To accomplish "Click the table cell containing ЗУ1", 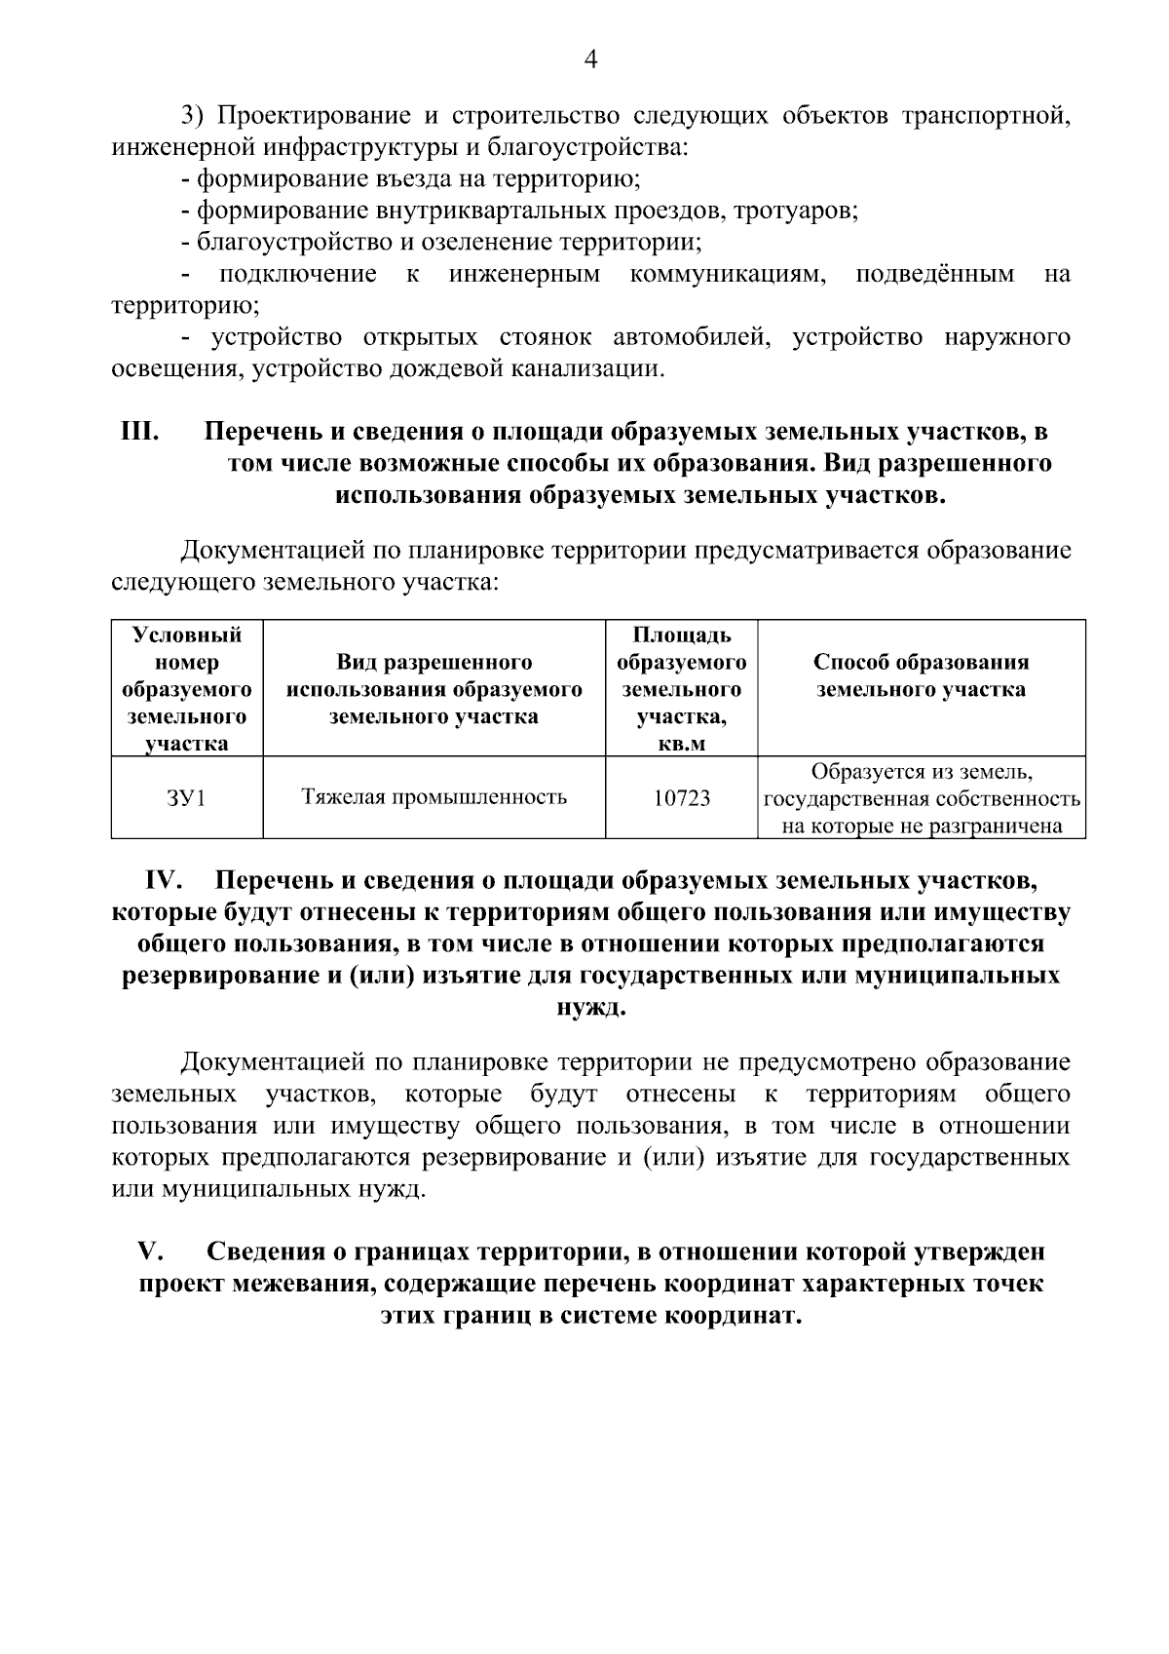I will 186,798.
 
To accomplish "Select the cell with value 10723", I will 681,798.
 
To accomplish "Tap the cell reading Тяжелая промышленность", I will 434,797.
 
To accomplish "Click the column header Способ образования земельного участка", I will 921,675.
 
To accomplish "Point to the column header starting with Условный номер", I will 186,689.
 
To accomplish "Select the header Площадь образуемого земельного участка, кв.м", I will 681,689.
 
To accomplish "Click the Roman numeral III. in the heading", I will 140,431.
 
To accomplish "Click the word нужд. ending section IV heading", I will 590,1007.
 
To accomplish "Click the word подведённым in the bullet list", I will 934,274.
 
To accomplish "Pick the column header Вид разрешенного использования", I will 434,689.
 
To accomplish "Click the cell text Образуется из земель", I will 921,773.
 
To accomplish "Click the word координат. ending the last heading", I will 732,1316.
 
